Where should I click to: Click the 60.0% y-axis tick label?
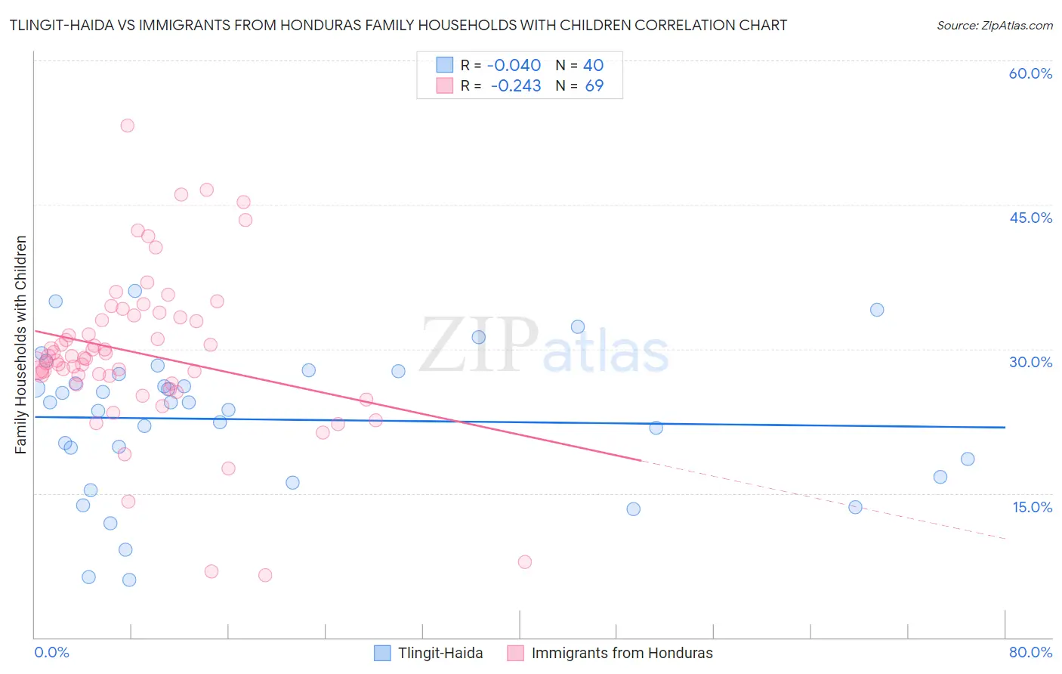click(x=1030, y=73)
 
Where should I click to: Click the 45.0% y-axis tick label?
click(x=1030, y=218)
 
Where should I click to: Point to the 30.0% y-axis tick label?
click(x=1030, y=362)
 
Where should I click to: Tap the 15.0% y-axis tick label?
click(x=1032, y=506)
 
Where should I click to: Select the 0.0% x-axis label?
click(x=51, y=652)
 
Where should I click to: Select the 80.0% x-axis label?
click(x=1030, y=652)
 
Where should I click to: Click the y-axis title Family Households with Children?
click(x=21, y=345)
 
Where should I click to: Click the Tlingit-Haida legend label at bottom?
click(x=440, y=653)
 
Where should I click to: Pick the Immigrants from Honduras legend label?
click(x=622, y=653)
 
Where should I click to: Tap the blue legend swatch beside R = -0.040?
click(x=445, y=65)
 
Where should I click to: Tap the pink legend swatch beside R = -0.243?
click(x=445, y=85)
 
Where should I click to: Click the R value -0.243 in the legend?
click(x=516, y=85)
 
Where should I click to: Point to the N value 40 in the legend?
click(x=593, y=65)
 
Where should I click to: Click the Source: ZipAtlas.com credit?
click(x=994, y=25)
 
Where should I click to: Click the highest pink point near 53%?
click(x=127, y=125)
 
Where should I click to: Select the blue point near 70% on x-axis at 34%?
click(x=877, y=310)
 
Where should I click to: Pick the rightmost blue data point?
click(x=968, y=459)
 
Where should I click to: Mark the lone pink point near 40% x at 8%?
click(x=525, y=561)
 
